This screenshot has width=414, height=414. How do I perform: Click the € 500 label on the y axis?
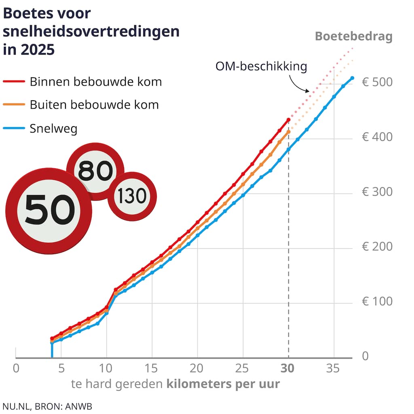[x=377, y=82]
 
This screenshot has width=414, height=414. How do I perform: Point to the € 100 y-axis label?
[x=377, y=302]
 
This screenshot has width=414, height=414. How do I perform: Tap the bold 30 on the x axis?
[x=288, y=368]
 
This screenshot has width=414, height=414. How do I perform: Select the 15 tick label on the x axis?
[x=152, y=368]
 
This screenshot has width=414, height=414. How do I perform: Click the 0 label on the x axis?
[x=16, y=368]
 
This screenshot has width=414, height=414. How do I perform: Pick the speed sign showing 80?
[x=95, y=171]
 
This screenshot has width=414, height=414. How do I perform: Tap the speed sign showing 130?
[x=132, y=196]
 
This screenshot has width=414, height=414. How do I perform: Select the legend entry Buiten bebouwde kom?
[x=94, y=105]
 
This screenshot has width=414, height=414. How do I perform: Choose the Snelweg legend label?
[x=53, y=129]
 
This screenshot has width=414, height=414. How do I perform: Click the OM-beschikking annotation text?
[x=261, y=66]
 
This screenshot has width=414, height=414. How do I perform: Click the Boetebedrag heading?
[x=353, y=36]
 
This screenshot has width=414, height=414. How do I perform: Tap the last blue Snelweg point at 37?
[x=352, y=78]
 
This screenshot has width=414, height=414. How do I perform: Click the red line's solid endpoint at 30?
[x=288, y=120]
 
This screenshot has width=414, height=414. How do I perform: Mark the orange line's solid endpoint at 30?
[x=288, y=132]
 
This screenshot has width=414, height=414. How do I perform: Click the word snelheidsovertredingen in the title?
[x=91, y=32]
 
